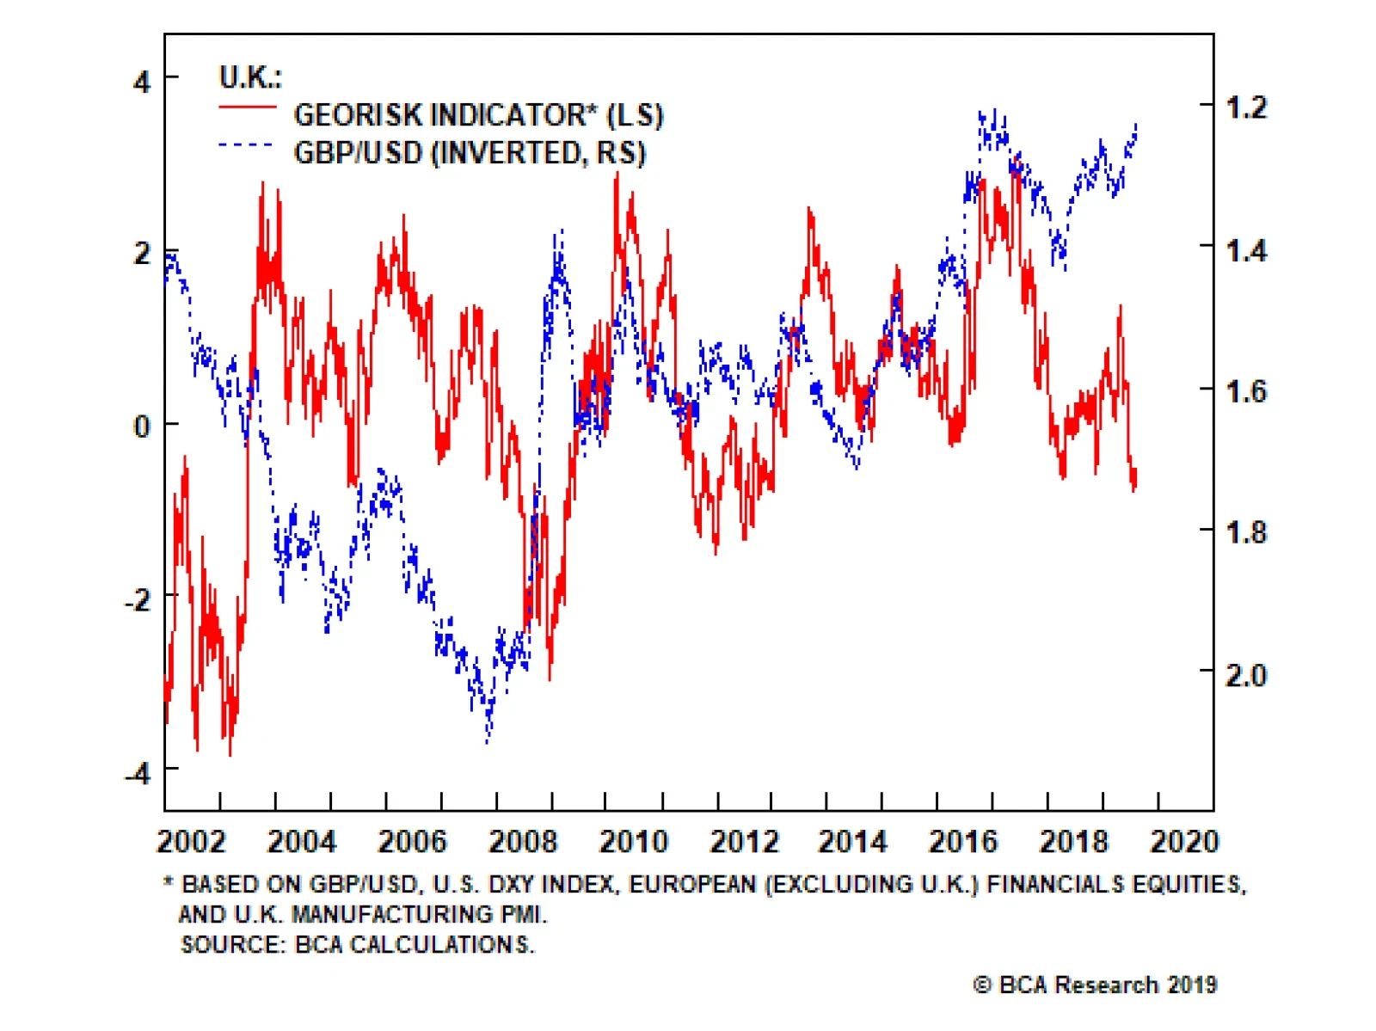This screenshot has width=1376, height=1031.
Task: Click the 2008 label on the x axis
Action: tap(523, 841)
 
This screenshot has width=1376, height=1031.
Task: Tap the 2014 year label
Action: tap(853, 841)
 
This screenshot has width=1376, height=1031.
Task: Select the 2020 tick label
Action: tap(1184, 841)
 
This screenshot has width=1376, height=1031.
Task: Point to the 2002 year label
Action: tap(191, 841)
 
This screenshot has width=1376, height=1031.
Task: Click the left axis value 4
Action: tap(142, 83)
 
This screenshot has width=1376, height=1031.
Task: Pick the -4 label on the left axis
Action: tap(138, 773)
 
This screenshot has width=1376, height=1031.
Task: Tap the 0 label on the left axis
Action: tap(142, 426)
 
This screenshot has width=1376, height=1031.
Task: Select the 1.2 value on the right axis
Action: tap(1246, 107)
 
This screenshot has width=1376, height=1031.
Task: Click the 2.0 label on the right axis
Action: tap(1246, 675)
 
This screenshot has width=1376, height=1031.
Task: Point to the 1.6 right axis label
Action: tap(1246, 391)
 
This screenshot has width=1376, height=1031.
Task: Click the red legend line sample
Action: tap(248, 107)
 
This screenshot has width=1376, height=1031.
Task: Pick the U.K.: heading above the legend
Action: tap(250, 77)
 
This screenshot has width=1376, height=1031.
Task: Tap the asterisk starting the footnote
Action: tap(169, 882)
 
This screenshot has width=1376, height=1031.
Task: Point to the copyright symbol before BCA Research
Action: tap(982, 985)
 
